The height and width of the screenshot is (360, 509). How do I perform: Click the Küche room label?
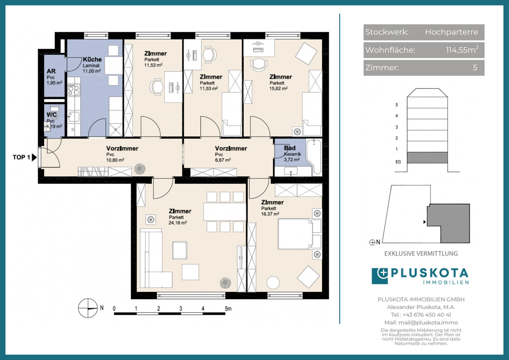[x=92, y=59]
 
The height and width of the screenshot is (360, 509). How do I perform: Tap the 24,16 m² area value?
[x=178, y=223]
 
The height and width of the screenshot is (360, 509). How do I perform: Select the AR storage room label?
[x=51, y=71]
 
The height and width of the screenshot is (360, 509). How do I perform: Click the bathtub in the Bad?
[x=314, y=157]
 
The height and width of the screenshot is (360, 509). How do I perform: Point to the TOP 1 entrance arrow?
[x=34, y=157]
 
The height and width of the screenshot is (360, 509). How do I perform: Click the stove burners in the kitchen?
[x=74, y=90]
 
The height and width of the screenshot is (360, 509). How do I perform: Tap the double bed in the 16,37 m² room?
[x=299, y=234]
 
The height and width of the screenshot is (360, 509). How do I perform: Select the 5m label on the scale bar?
[x=228, y=309]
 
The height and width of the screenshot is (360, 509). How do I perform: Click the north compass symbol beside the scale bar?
[x=88, y=308]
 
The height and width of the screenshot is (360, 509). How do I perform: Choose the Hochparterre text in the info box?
[x=451, y=32]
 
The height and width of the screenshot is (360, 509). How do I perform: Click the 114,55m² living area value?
[x=462, y=50]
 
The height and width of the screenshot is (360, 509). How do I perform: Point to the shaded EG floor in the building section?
[x=427, y=157]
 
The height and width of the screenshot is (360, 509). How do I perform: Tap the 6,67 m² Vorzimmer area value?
[x=223, y=160]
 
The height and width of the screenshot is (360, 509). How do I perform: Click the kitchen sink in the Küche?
[x=73, y=117]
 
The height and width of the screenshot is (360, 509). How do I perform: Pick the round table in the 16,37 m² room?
[x=273, y=283]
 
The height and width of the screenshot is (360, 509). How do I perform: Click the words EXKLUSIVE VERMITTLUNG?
[x=421, y=253]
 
